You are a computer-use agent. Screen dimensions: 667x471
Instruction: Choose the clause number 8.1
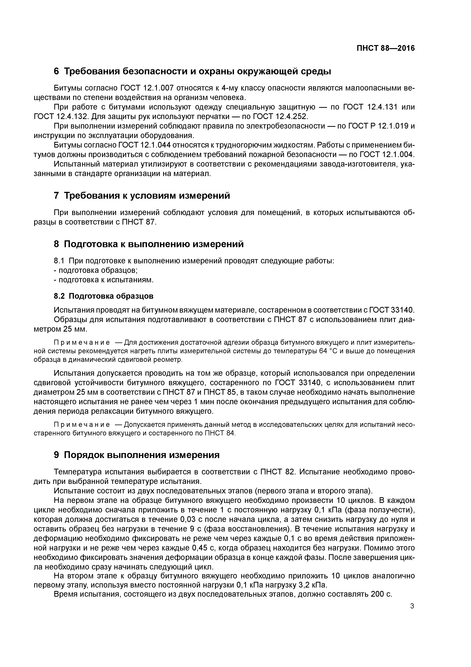(59, 261)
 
